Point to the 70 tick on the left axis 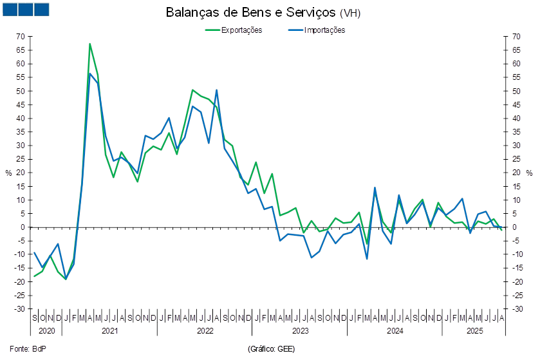(x=21, y=37)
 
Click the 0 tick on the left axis (x=23, y=227)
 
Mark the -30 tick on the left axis (x=21, y=309)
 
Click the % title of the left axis (x=8, y=173)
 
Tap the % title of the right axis (x=530, y=173)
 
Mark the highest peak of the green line (x=89, y=44)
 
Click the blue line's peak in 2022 (x=216, y=90)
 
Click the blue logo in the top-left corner (x=26, y=9)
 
